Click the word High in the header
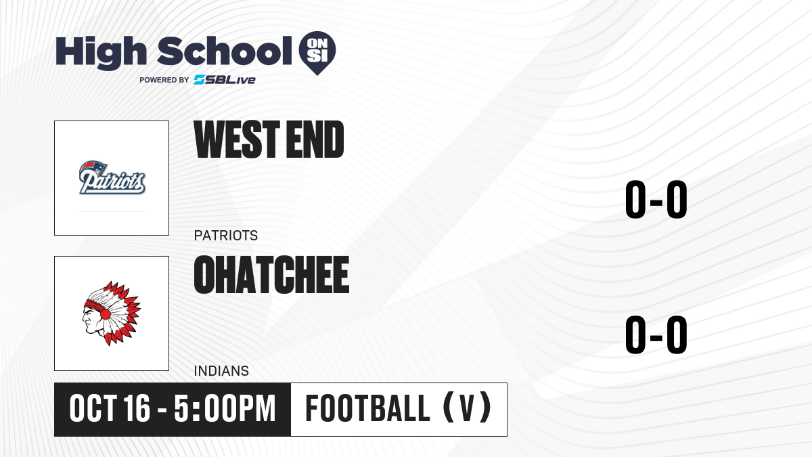[101, 52]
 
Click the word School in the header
[225, 51]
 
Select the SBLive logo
[225, 80]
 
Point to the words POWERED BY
[164, 80]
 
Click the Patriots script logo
[112, 177]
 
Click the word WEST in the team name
[237, 139]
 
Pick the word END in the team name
[315, 139]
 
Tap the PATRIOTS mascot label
[226, 236]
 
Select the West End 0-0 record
[656, 199]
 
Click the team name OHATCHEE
[271, 275]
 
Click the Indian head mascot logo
[111, 313]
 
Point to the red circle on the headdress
[105, 314]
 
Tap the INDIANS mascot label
[221, 371]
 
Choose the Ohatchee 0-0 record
[656, 334]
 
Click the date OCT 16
[110, 408]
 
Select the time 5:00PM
[225, 408]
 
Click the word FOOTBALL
[367, 408]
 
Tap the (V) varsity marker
[468, 408]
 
